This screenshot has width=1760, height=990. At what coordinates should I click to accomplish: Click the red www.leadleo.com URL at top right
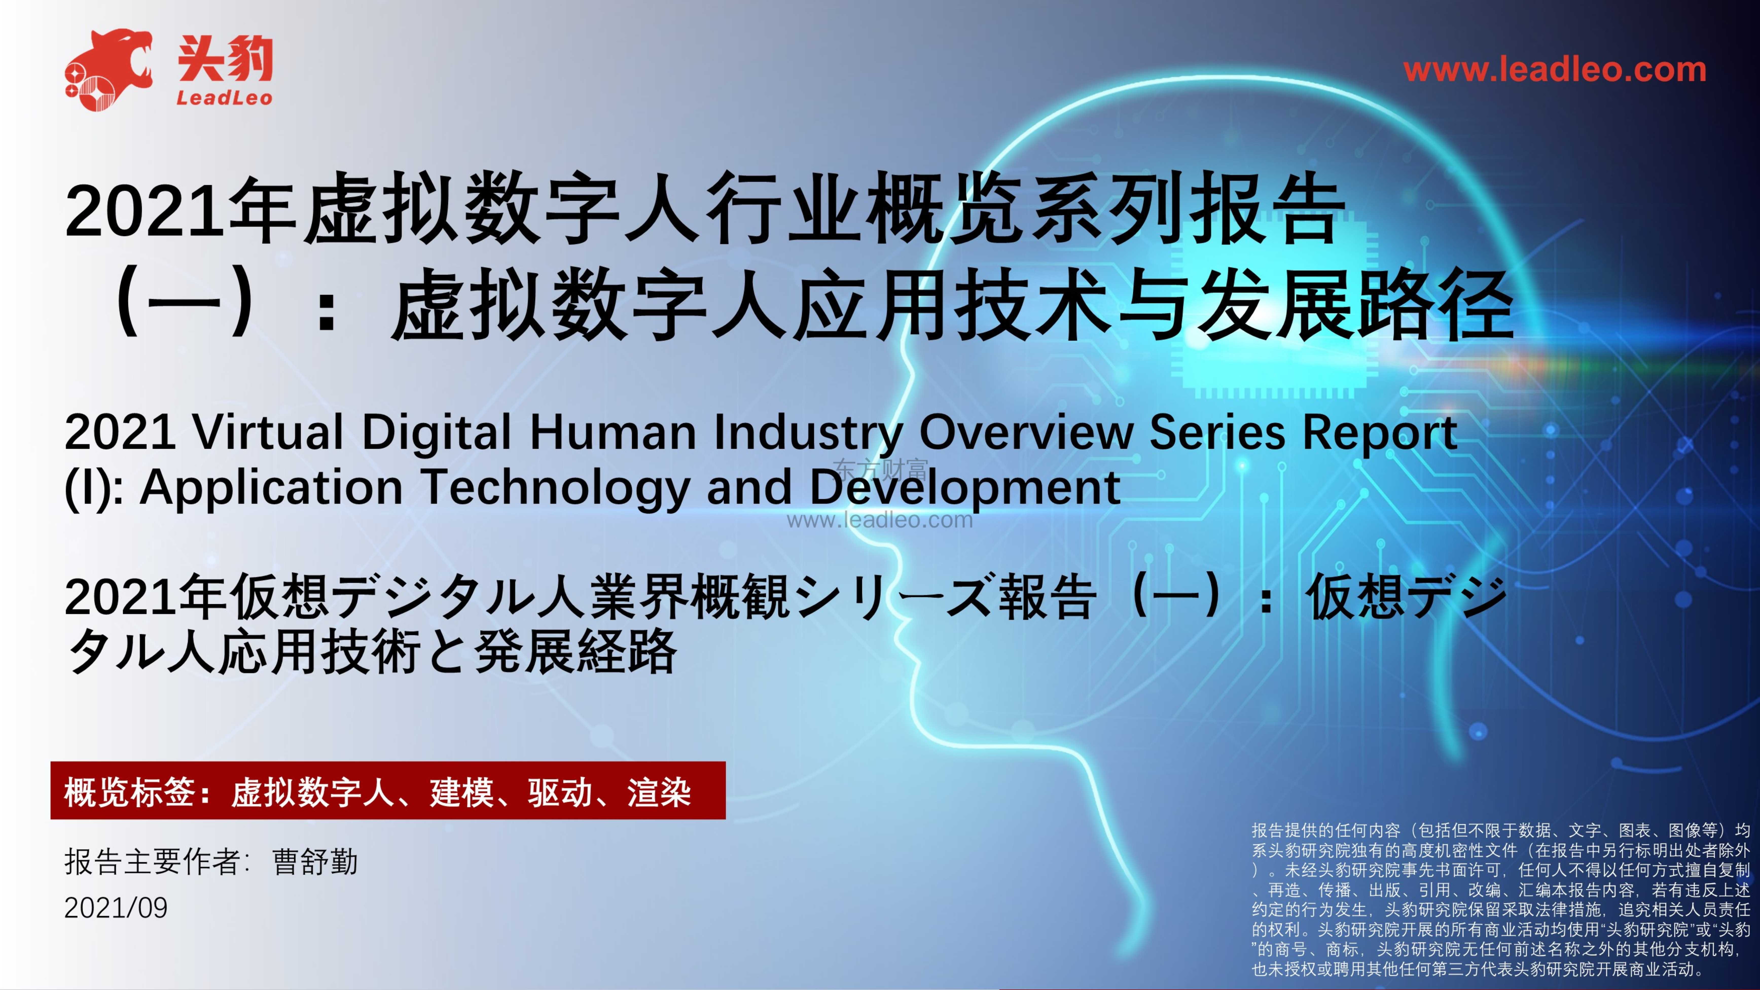coord(1554,70)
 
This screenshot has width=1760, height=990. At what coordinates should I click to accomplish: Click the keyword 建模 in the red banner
coord(461,793)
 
